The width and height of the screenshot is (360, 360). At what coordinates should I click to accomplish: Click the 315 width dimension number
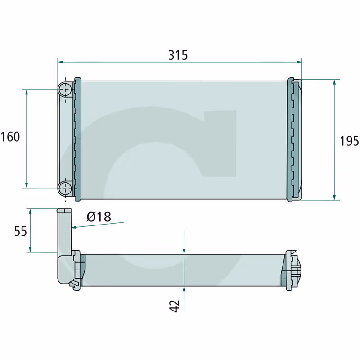(178, 55)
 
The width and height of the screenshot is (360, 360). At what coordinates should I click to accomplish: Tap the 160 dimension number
(10, 137)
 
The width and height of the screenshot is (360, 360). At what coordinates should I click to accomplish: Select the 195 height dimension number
(349, 141)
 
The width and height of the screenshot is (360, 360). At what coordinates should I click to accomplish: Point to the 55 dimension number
(20, 231)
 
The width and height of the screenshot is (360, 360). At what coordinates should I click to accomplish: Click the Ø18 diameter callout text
(99, 217)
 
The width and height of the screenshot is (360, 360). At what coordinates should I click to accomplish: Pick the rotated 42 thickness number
(175, 306)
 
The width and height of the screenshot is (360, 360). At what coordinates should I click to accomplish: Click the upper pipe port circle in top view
(65, 89)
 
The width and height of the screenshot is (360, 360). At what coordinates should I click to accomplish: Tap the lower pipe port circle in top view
(65, 189)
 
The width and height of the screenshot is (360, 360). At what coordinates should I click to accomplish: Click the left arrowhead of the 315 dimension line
(60, 62)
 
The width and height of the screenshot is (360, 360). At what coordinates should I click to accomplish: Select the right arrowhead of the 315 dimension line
(299, 62)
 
